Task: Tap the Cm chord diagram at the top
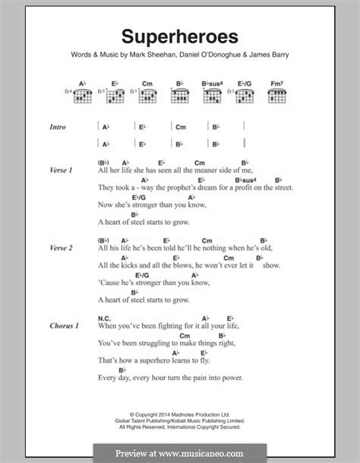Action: click(x=147, y=94)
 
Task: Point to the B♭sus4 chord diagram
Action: click(x=212, y=94)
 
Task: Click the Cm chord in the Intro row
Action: click(x=181, y=127)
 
